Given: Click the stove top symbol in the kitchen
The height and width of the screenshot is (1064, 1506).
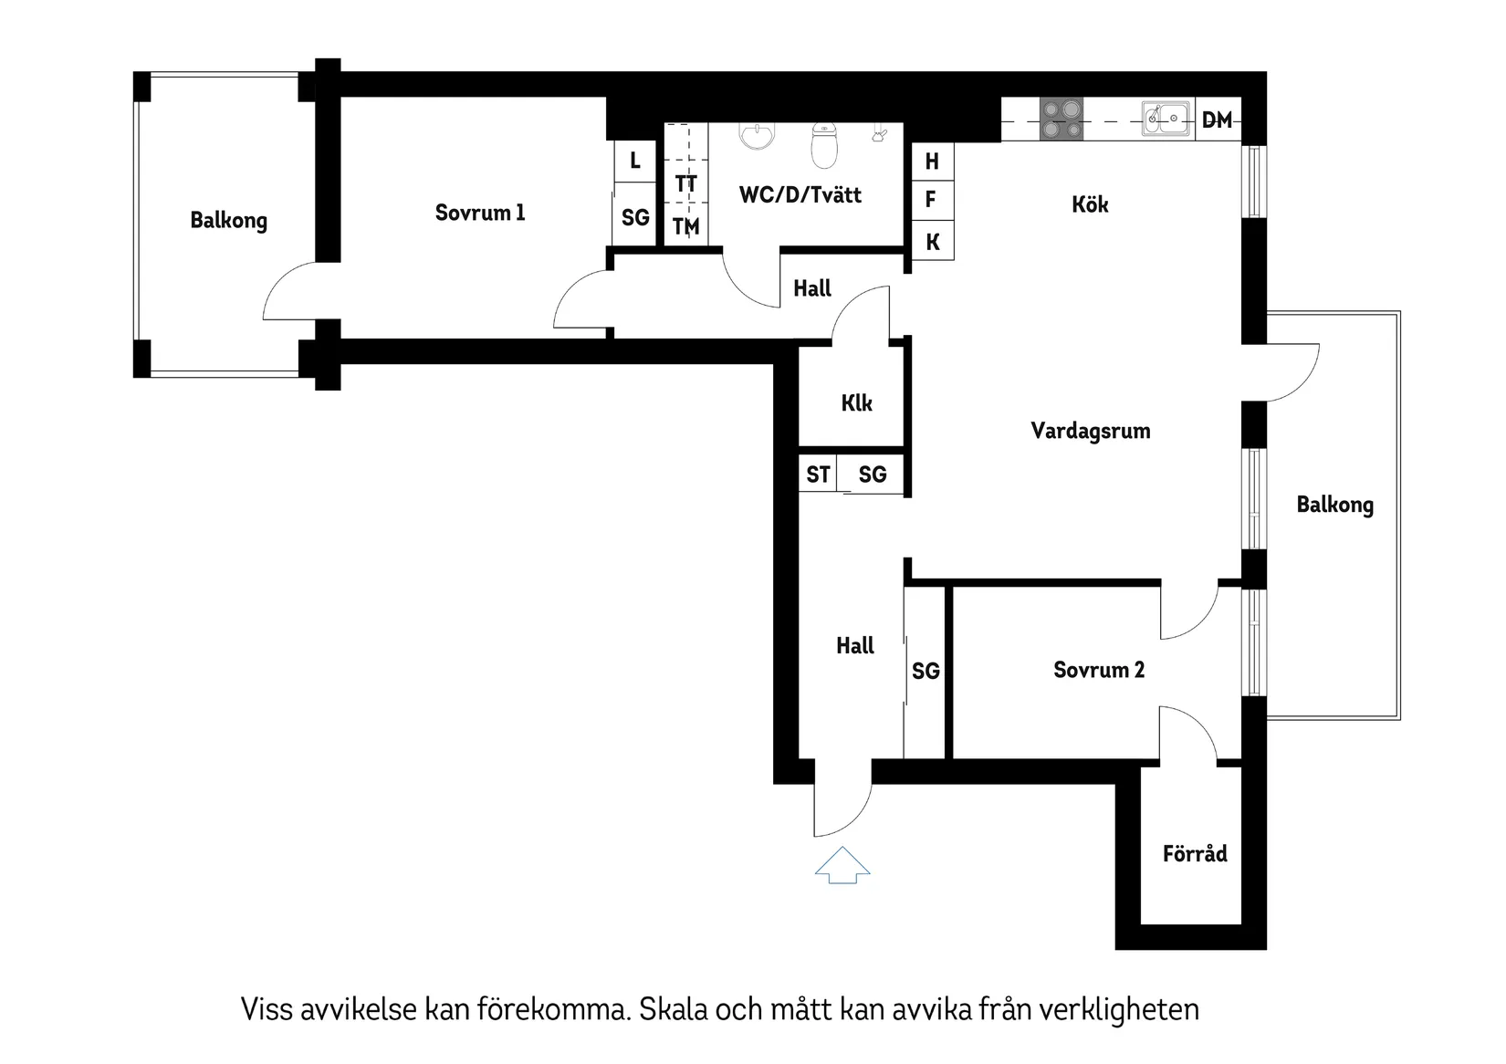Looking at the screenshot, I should (1062, 119).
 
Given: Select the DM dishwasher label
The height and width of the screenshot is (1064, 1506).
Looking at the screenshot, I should (1217, 120).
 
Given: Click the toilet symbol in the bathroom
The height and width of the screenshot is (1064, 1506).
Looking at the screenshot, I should (824, 146).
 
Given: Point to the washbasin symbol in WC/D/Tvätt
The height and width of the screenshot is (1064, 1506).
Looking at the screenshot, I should (757, 136).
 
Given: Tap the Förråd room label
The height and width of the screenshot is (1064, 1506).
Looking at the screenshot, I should (1194, 854).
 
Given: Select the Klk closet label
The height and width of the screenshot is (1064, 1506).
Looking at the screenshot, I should (856, 403).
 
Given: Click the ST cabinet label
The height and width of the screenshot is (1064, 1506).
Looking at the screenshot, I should (818, 475).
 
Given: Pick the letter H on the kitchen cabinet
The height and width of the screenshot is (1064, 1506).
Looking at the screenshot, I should (932, 162).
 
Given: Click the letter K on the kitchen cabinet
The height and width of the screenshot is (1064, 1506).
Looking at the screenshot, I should (932, 242).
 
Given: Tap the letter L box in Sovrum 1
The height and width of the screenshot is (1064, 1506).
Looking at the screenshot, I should (635, 162).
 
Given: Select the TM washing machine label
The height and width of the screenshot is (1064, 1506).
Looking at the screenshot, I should (685, 226).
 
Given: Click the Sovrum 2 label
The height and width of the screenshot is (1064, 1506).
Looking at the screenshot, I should (1098, 670).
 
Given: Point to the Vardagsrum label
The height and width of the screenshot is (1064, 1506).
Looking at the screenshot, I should (1090, 431).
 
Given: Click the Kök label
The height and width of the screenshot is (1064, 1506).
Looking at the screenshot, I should (1090, 204).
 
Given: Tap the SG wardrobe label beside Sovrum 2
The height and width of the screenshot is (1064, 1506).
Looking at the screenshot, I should (926, 672).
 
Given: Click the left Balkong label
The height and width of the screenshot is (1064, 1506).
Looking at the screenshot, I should (228, 221).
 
